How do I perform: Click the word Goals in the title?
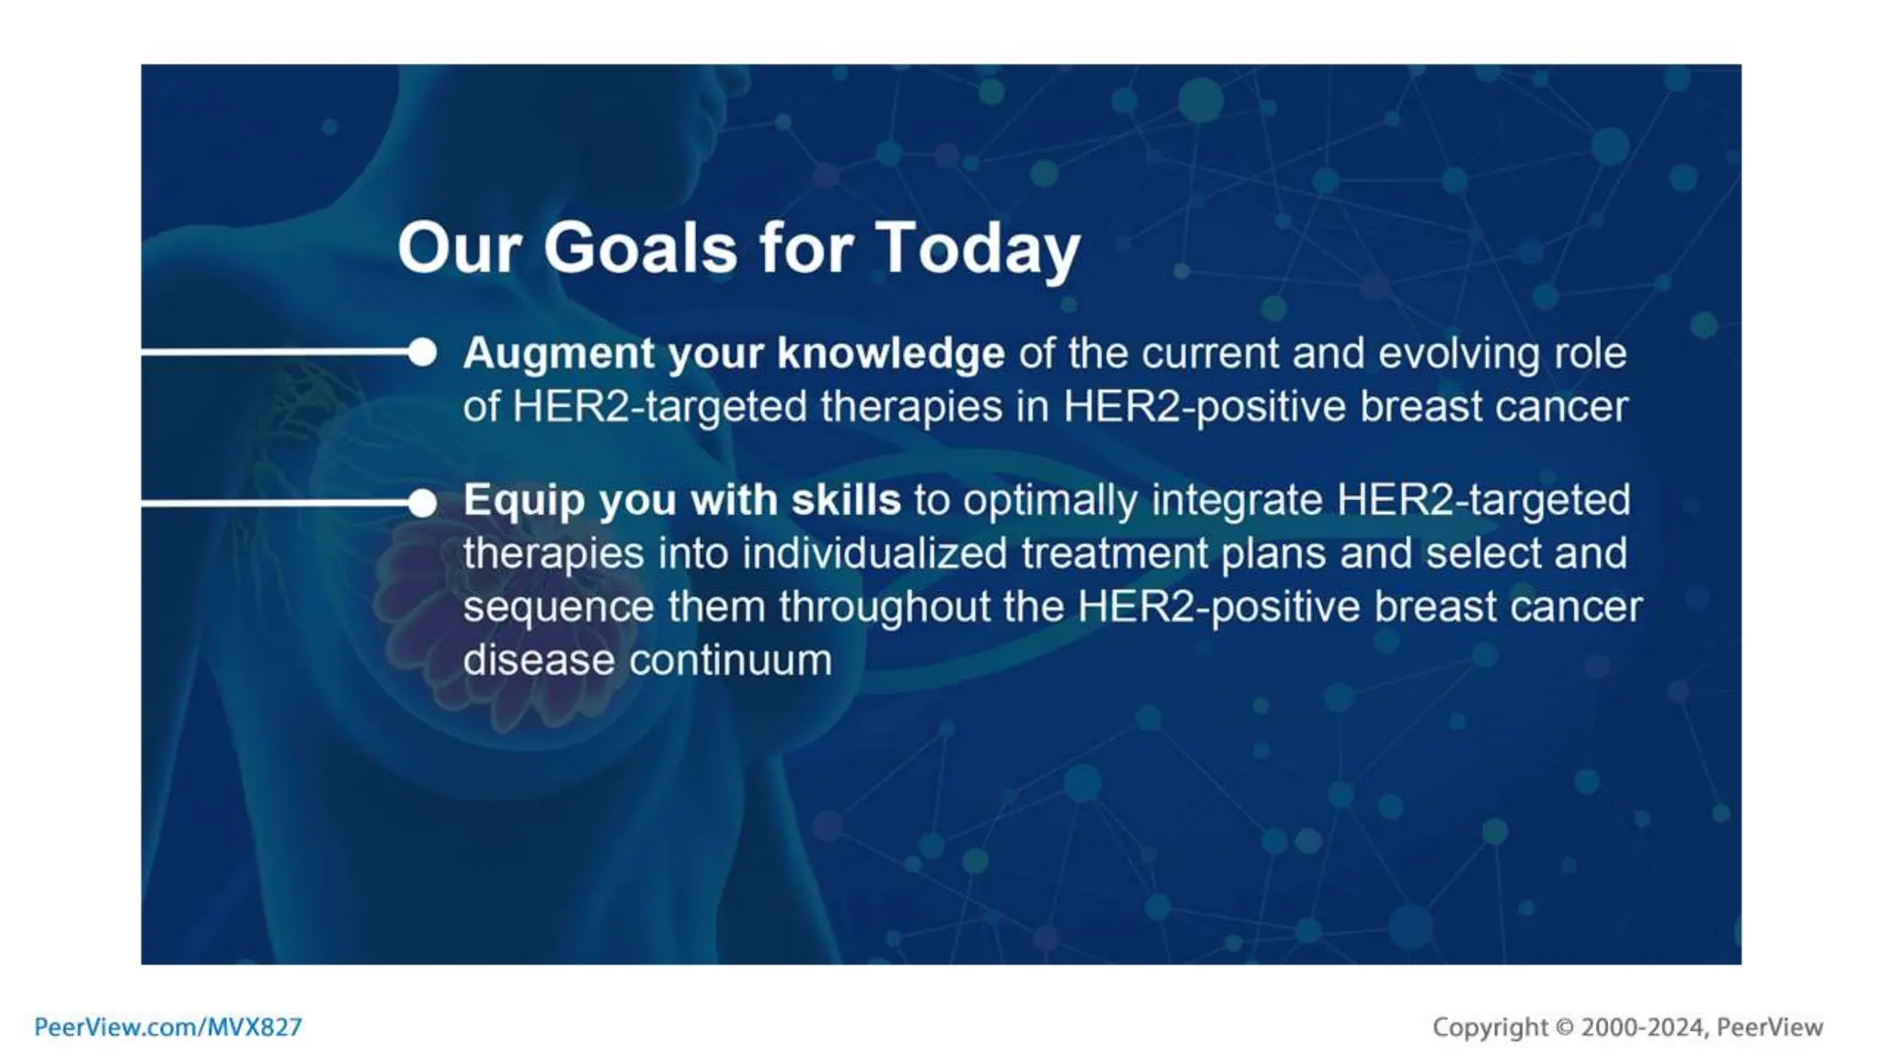[640, 248]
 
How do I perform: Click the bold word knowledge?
[890, 354]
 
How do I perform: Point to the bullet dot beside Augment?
[422, 352]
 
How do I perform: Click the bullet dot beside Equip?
[422, 503]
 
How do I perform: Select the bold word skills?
[846, 500]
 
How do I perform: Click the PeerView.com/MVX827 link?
[168, 1027]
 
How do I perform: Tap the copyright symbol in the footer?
[1564, 1027]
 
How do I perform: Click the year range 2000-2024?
[1643, 1027]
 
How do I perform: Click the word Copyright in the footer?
[1489, 1027]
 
